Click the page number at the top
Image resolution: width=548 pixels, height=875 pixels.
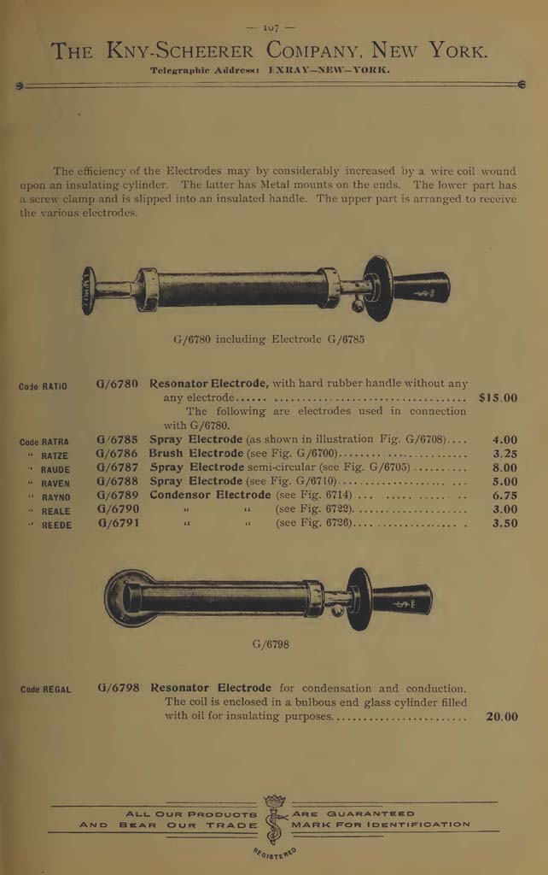(x=274, y=27)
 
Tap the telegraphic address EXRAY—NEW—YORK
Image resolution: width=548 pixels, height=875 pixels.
(x=329, y=71)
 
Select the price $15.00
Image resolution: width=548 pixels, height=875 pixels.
(x=498, y=397)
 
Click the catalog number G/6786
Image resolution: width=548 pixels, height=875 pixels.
(x=117, y=455)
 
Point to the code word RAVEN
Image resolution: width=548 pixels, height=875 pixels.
(x=56, y=484)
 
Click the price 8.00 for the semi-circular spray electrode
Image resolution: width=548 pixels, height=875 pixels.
(x=504, y=468)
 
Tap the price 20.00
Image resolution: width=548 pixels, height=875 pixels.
(x=501, y=717)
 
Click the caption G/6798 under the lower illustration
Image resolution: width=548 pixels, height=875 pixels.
(x=270, y=643)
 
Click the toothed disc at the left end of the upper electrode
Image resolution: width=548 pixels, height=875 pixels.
(x=89, y=290)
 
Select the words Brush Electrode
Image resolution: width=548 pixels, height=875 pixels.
(x=196, y=455)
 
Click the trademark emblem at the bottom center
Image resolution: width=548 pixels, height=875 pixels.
(x=274, y=820)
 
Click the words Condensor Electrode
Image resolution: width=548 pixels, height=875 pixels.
(x=210, y=496)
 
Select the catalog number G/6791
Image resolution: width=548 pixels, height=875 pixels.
(x=117, y=523)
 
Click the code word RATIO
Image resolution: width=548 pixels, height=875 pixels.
(x=55, y=387)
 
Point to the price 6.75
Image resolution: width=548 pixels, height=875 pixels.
(x=504, y=496)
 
